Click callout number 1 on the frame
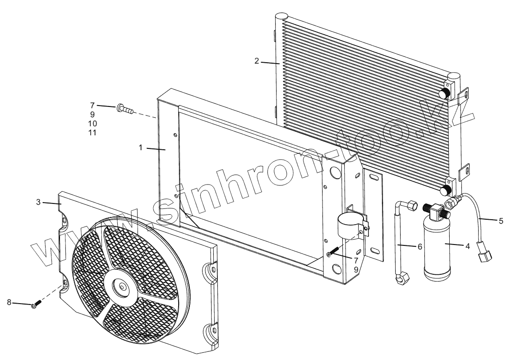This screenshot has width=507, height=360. coord(141,148)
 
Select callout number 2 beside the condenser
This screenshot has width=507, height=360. coord(257,61)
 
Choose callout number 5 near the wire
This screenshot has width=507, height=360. coord(501,221)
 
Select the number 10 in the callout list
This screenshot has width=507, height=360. coord(92,123)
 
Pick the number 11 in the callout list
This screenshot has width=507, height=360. coord(92,132)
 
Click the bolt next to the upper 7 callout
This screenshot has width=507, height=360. coord(125,108)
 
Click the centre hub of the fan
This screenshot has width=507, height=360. coord(122,287)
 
